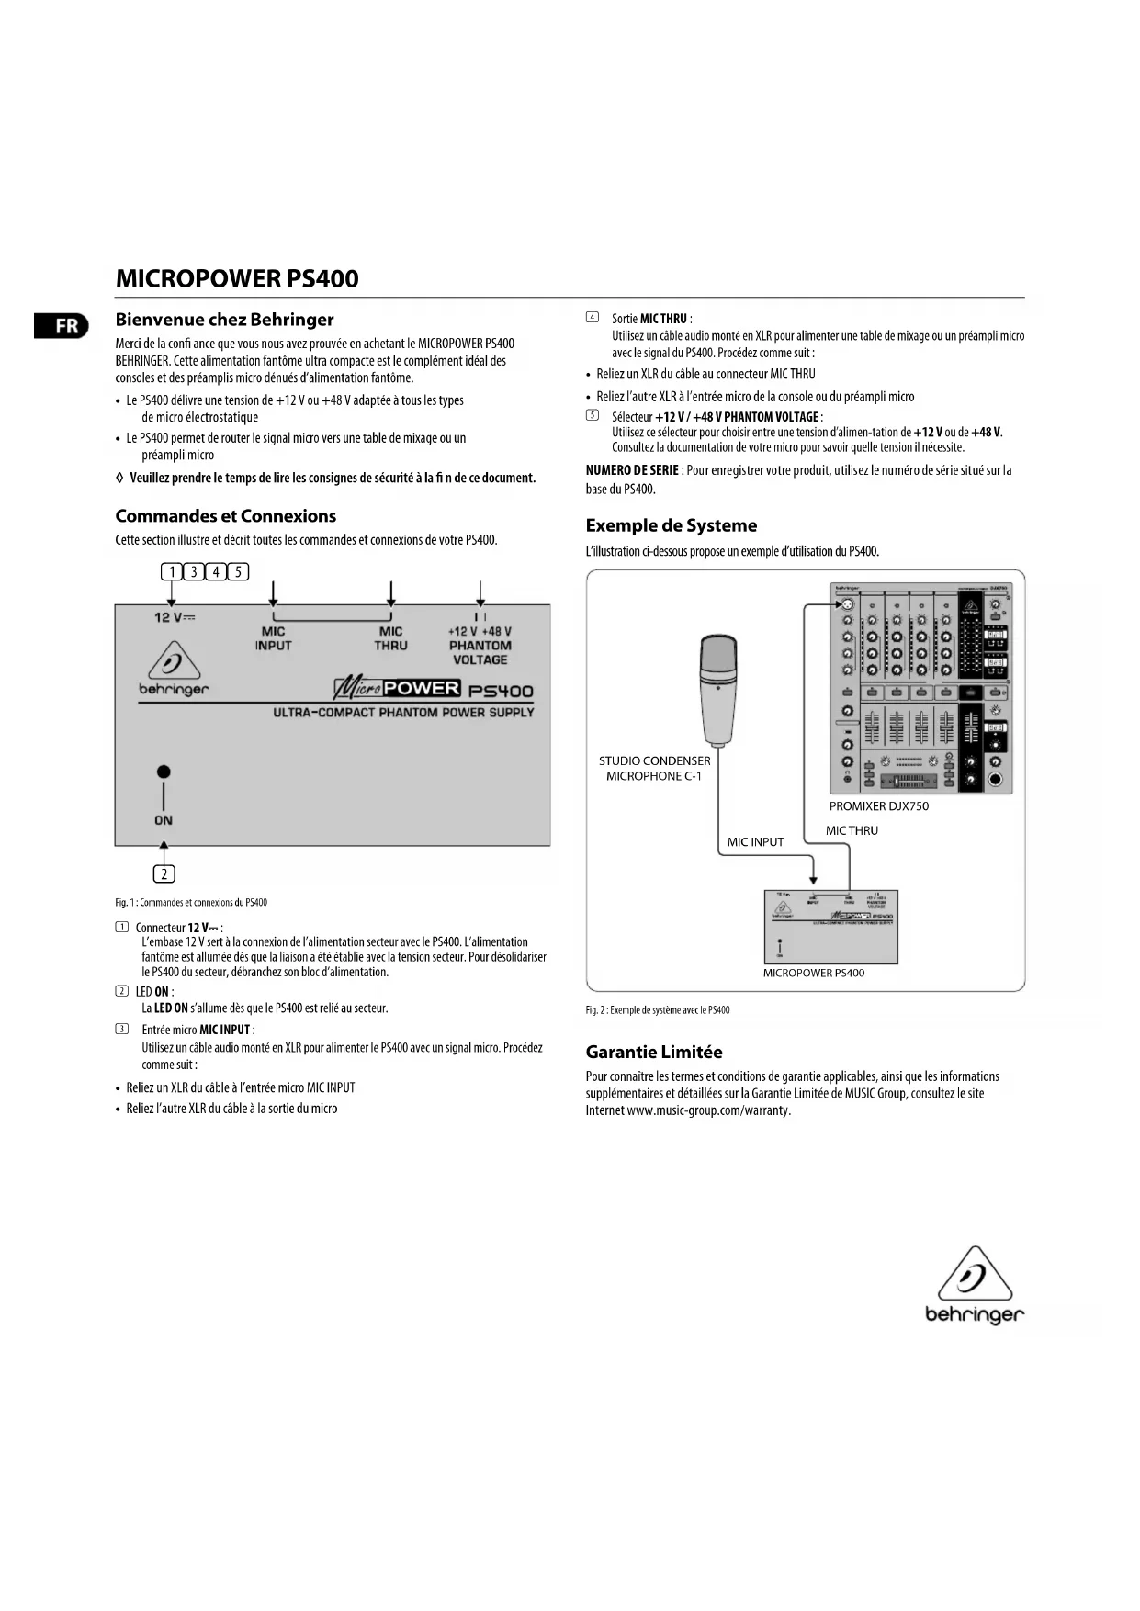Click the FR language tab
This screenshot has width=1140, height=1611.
(x=62, y=326)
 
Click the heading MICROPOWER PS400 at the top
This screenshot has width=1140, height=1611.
(x=237, y=279)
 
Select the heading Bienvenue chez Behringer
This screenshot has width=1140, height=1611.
(x=224, y=320)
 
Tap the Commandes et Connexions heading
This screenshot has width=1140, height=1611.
(x=226, y=516)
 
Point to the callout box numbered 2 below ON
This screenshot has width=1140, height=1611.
(x=164, y=873)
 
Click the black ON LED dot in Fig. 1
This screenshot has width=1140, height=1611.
(x=164, y=772)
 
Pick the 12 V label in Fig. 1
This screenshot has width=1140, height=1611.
(x=175, y=617)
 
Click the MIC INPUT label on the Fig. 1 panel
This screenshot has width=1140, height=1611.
(x=273, y=638)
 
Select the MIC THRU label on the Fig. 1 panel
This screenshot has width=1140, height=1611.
(x=390, y=638)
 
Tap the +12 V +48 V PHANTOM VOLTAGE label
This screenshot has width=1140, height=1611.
(x=480, y=645)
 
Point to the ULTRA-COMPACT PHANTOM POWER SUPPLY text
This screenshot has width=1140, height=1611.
(x=403, y=713)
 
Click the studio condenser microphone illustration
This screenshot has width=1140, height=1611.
(x=717, y=689)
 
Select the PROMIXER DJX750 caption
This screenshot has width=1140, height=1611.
(x=878, y=806)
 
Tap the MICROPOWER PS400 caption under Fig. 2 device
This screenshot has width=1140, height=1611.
(x=813, y=973)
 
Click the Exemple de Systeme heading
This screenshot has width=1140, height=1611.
(x=672, y=525)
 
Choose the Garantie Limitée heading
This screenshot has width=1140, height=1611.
(x=654, y=1052)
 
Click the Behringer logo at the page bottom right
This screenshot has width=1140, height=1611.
(x=974, y=1286)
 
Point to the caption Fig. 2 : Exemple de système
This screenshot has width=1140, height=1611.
(x=658, y=1010)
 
